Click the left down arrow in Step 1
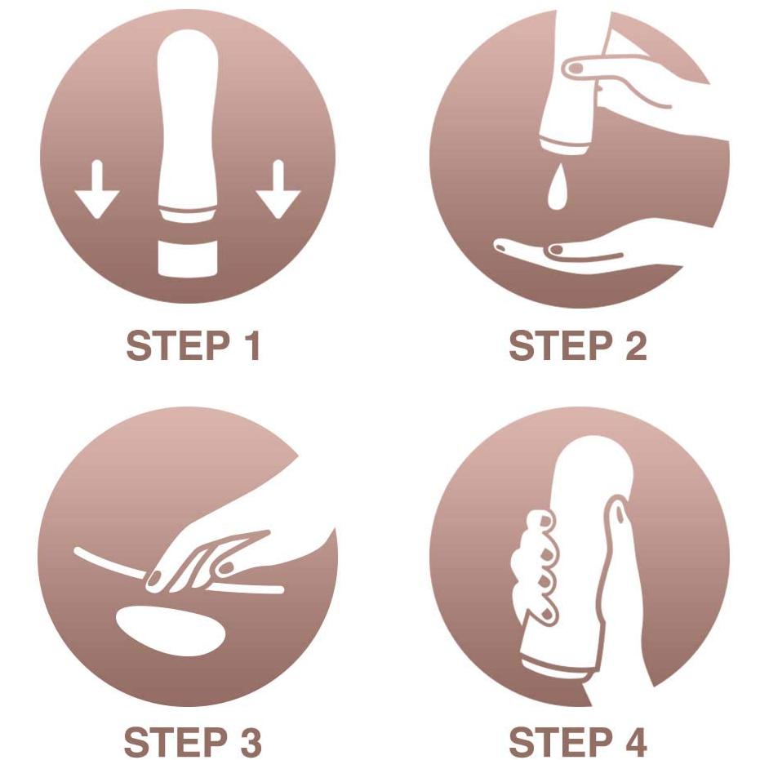tap(97, 189)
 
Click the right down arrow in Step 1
tap(278, 189)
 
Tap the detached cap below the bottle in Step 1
tap(188, 258)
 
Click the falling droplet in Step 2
tap(558, 187)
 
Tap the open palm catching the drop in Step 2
tap(581, 255)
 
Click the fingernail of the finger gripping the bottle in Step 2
tap(576, 68)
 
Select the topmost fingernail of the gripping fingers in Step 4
tap(545, 522)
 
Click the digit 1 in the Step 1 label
tap(252, 345)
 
